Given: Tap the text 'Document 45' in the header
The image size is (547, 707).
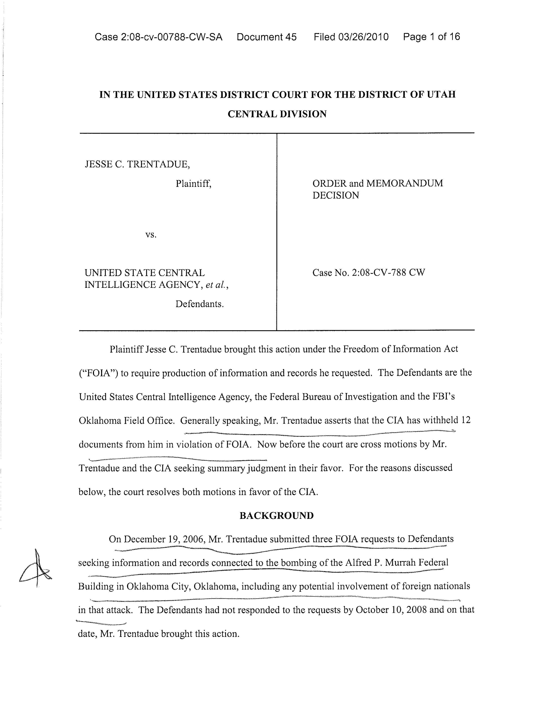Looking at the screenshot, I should click(266, 37).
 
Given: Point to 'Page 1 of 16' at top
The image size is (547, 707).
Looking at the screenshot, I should click(431, 37).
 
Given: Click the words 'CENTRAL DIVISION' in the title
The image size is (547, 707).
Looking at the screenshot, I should click(277, 114).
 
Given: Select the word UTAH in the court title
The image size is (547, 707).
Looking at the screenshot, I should click(441, 94).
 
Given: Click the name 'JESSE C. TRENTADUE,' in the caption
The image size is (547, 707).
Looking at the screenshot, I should click(138, 165).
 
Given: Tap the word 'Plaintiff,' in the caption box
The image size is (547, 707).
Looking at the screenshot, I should click(193, 184).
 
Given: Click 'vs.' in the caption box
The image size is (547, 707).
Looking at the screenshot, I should click(151, 235).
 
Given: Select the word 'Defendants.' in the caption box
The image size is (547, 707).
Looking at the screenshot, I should click(200, 304).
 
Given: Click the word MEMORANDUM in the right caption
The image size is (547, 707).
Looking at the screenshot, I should click(404, 183).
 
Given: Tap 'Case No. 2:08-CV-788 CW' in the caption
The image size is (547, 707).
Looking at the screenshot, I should click(369, 273).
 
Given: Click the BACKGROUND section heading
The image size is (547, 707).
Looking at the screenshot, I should click(277, 516).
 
